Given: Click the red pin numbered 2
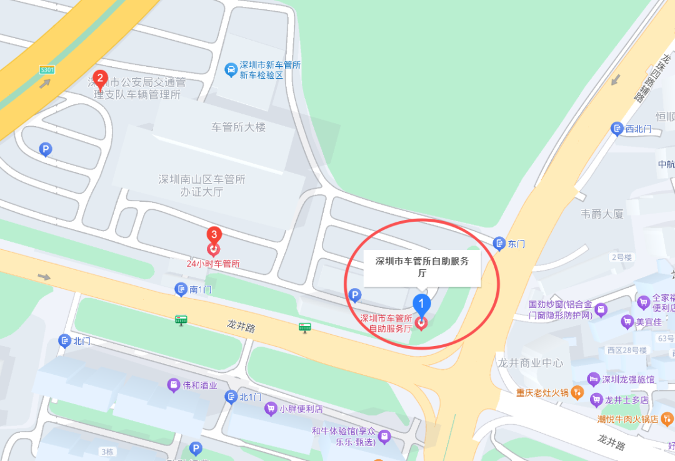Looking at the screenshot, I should click(x=99, y=79).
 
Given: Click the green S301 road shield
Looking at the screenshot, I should click(x=47, y=69).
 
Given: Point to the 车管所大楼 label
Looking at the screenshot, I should click(x=239, y=127).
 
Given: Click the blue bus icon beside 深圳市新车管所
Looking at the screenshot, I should click(x=230, y=69).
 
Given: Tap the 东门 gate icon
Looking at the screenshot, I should click(x=499, y=244).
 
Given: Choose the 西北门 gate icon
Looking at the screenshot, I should click(x=617, y=129).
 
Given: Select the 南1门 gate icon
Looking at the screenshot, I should click(x=181, y=289).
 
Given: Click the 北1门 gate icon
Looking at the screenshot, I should click(x=231, y=397).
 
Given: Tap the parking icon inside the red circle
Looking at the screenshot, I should click(x=354, y=295).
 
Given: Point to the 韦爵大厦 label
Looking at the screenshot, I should click(x=602, y=214).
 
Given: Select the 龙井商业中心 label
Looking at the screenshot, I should click(x=530, y=363).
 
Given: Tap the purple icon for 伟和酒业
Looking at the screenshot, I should click(x=173, y=385).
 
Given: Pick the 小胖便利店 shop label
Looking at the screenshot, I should click(x=301, y=410).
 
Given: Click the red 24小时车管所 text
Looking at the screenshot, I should click(x=213, y=264).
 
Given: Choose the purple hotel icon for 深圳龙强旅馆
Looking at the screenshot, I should click(x=594, y=379).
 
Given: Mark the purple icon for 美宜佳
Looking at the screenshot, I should click(x=626, y=322).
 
